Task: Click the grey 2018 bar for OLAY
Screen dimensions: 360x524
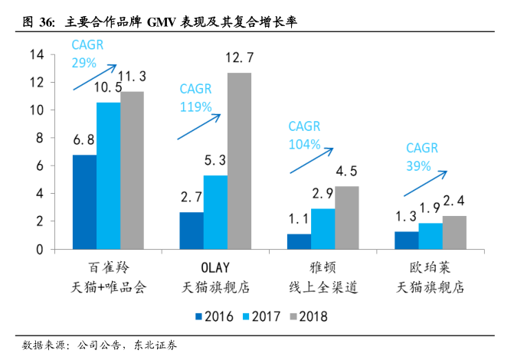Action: [239, 161]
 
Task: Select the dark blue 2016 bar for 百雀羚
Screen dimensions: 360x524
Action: [84, 201]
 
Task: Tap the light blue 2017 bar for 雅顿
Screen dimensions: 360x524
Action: [323, 228]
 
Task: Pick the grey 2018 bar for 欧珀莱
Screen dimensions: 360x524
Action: [454, 232]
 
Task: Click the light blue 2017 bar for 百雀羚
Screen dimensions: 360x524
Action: [108, 175]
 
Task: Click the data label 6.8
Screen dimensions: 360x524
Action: [84, 140]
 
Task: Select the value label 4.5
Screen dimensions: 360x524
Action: [346, 171]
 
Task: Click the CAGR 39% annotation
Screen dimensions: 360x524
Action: [421, 154]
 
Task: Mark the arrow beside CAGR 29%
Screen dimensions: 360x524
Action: [94, 77]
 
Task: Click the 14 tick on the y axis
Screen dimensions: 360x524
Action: [36, 54]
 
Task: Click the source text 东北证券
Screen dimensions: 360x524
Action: [155, 345]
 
